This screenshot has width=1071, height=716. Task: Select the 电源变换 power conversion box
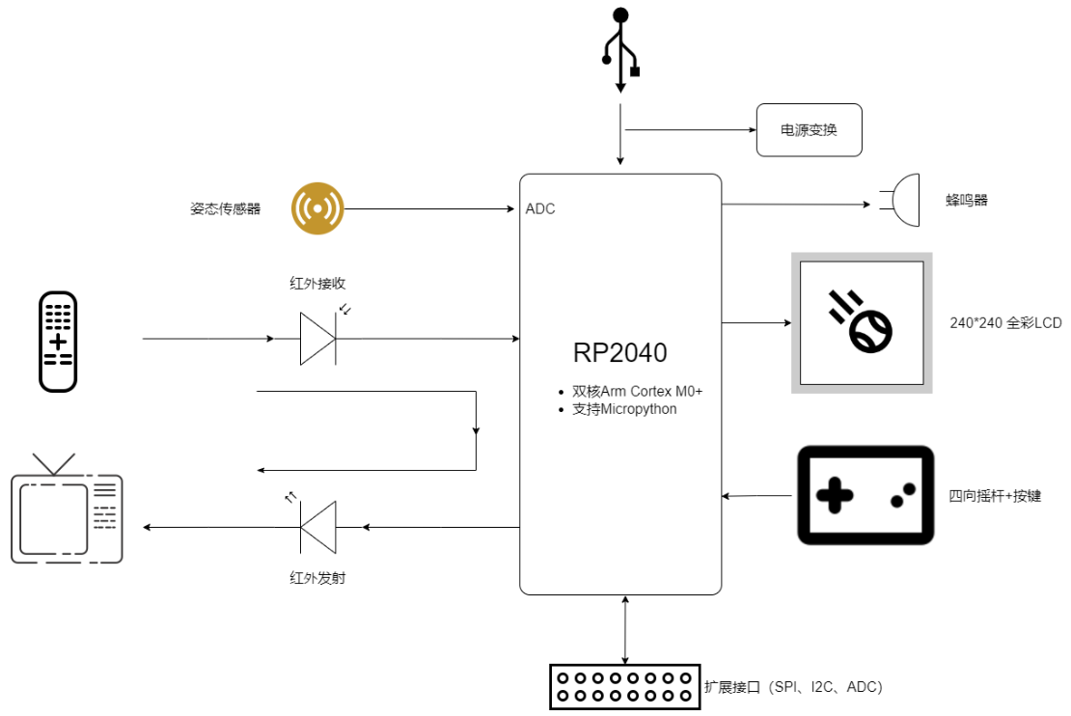[x=808, y=130]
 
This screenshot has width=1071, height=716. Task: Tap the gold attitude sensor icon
[x=317, y=207]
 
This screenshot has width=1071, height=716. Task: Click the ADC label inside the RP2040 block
[x=540, y=208]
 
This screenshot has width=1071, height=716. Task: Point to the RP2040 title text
[x=619, y=353]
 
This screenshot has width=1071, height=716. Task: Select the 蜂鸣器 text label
[x=967, y=201]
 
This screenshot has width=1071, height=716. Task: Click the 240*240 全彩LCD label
[x=1005, y=323]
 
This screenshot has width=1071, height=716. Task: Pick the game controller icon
[x=865, y=495]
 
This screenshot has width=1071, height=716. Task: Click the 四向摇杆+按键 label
[x=995, y=496]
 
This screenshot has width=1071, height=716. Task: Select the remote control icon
[x=58, y=341]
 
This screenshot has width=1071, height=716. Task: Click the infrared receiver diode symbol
[x=318, y=339]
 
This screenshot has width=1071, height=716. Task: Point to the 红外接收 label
[x=317, y=284]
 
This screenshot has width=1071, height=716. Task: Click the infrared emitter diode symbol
[x=317, y=527]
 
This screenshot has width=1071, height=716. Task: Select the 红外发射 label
[x=317, y=578]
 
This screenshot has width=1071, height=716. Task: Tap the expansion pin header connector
[x=622, y=686]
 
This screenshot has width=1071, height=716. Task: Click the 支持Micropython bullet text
[x=624, y=409]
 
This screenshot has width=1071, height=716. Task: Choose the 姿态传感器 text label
[x=225, y=208]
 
